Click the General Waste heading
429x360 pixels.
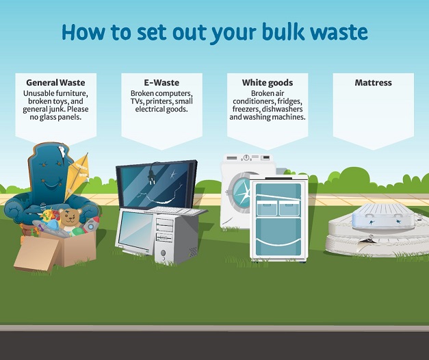(55, 82)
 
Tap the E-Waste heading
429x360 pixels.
(161, 82)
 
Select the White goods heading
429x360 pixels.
(268, 83)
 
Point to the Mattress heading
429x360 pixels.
(373, 82)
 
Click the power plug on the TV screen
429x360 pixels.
(151, 175)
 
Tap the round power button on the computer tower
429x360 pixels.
(163, 252)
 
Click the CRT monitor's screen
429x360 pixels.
(135, 229)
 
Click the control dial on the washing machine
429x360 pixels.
(246, 157)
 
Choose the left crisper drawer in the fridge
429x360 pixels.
(266, 209)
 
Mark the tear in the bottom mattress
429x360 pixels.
(366, 241)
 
